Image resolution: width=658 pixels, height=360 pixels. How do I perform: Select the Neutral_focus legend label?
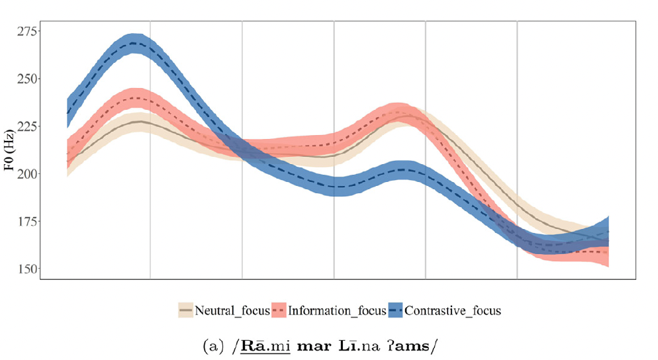tap(233, 310)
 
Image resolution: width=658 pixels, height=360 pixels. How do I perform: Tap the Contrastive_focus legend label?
tap(452, 310)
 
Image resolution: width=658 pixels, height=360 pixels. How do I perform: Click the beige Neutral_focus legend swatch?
tap(186, 310)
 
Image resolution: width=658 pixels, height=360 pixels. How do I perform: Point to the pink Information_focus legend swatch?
tap(278, 310)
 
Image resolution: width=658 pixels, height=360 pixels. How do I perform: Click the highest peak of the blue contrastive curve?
tap(135, 43)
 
